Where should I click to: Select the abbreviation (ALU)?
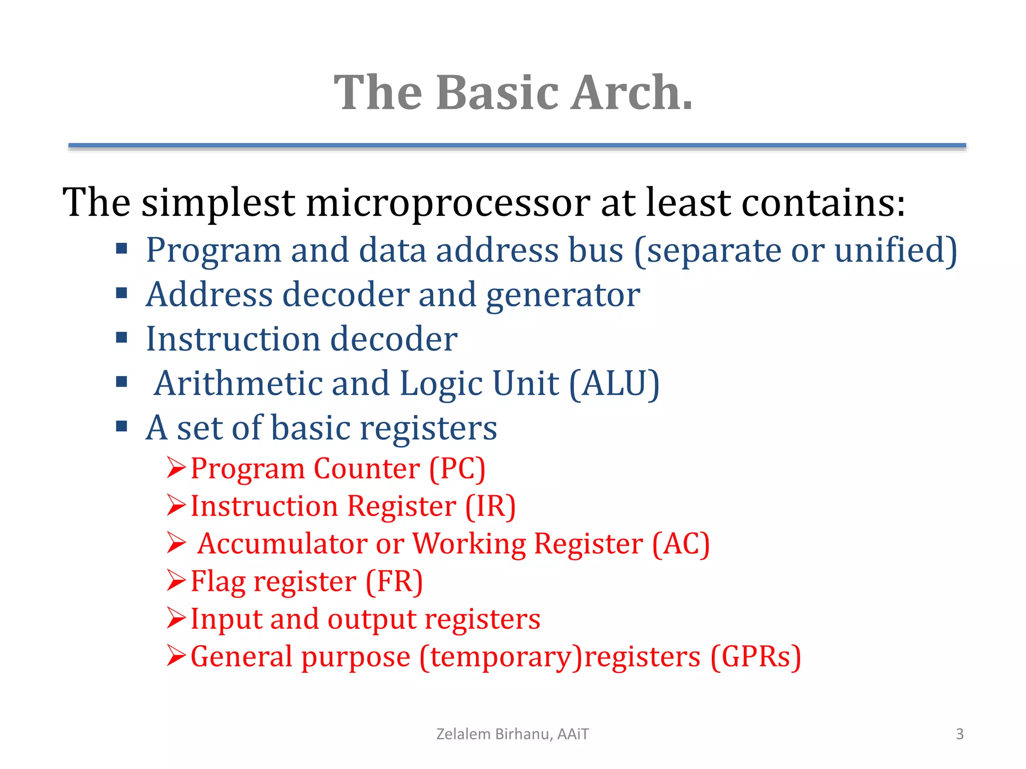click(614, 384)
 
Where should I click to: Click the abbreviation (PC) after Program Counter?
click(457, 469)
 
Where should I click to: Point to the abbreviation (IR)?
click(490, 507)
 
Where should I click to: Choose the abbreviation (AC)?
click(680, 544)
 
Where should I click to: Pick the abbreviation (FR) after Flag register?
click(394, 582)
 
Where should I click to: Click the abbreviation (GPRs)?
click(755, 657)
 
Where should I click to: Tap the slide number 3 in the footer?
click(959, 734)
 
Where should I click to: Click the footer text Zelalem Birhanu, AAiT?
click(512, 734)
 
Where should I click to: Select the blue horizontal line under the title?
click(517, 146)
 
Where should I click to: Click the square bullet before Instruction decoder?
click(121, 337)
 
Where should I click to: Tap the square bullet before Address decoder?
click(121, 293)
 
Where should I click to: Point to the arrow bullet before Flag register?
click(176, 581)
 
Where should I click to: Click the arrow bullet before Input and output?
click(176, 618)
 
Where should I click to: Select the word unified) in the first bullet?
click(896, 250)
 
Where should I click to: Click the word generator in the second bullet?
click(563, 295)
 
